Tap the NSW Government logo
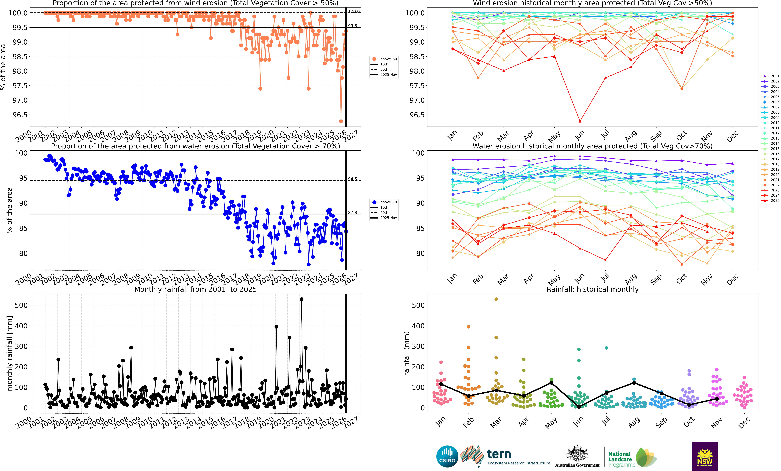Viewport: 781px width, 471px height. [705, 456]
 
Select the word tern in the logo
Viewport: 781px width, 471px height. [499, 454]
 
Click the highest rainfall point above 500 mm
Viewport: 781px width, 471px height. [301, 299]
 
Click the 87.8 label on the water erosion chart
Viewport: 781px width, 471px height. [352, 213]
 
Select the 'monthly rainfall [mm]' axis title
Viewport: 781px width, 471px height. [10, 353]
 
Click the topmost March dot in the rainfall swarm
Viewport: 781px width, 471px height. [496, 299]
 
